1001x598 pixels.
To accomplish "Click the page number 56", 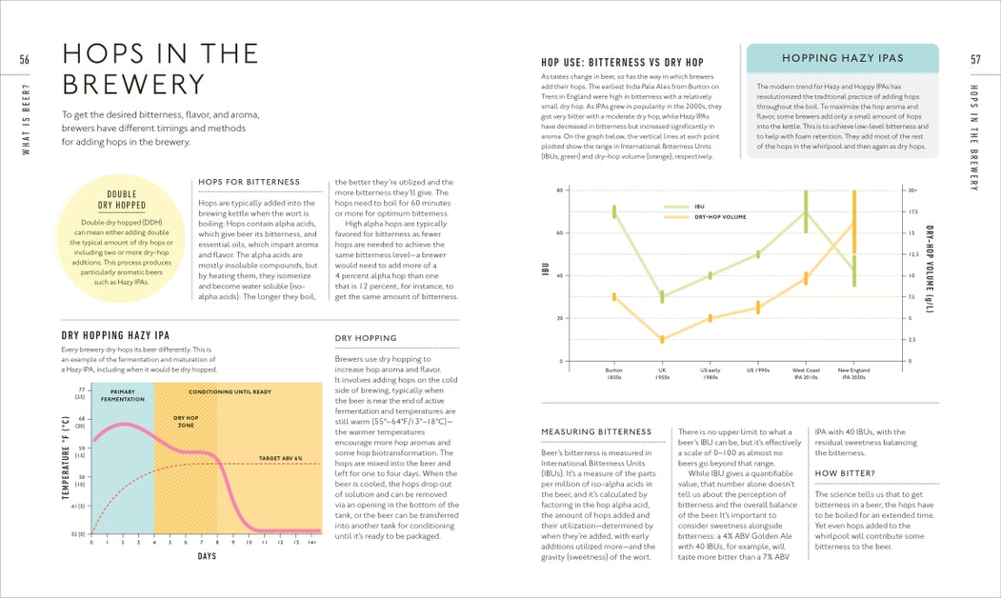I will [x=25, y=60].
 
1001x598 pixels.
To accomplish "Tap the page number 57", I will [x=975, y=60].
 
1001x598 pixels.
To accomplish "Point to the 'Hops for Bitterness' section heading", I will [x=249, y=182].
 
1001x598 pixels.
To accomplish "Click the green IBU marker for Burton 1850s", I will [x=614, y=211].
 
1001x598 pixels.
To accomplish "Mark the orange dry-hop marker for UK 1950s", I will [x=662, y=339].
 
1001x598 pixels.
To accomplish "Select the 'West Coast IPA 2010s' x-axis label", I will [x=806, y=373].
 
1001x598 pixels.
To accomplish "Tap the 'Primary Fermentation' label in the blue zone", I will [x=123, y=395].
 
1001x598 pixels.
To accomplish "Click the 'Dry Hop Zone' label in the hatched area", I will [x=186, y=421].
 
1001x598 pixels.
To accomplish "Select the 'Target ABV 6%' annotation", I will [x=280, y=458].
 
